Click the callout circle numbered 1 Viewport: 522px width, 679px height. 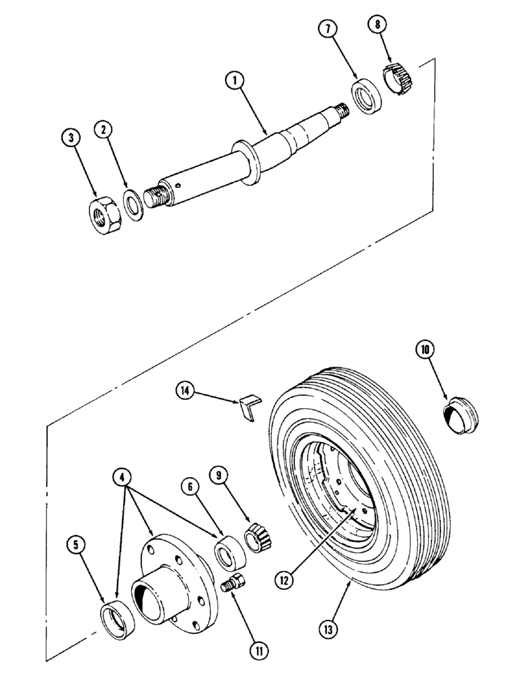[x=234, y=81]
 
